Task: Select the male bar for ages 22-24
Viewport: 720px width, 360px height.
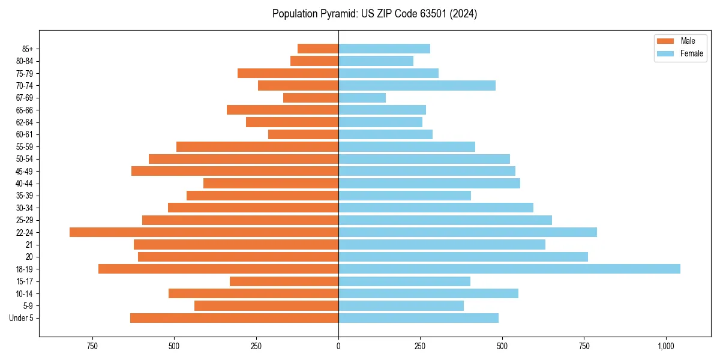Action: [x=204, y=232]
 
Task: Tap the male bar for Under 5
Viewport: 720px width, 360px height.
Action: [x=234, y=318]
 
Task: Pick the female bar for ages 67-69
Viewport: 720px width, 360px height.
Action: [x=362, y=98]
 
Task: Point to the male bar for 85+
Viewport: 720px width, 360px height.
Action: [x=318, y=49]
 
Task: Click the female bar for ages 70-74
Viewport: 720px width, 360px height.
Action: [x=417, y=86]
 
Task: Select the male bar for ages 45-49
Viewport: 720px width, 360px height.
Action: [x=235, y=171]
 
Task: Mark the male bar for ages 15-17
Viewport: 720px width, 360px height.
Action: [x=284, y=281]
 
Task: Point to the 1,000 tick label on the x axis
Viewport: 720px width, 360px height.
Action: [x=666, y=346]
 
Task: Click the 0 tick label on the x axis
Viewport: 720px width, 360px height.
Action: [x=338, y=346]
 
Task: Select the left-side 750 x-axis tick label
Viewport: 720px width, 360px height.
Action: [x=92, y=346]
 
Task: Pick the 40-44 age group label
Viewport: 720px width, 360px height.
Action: [x=25, y=184]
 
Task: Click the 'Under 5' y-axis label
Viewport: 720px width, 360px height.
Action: [x=22, y=318]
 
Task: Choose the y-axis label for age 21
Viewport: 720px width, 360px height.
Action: [x=29, y=245]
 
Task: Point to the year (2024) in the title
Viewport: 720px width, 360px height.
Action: [x=463, y=14]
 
